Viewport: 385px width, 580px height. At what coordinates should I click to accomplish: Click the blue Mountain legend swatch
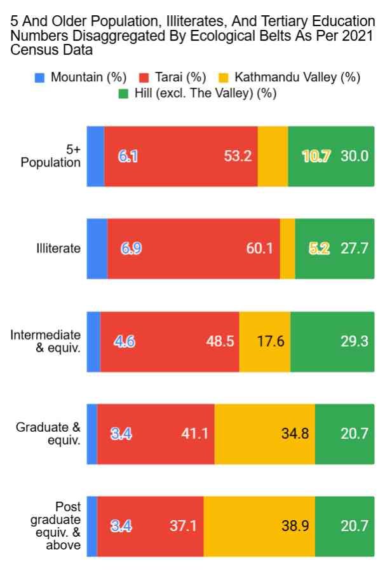pyautogui.click(x=40, y=78)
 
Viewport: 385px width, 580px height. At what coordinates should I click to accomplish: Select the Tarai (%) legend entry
pyautogui.click(x=180, y=78)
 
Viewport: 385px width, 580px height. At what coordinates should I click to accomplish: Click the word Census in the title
pyautogui.click(x=31, y=50)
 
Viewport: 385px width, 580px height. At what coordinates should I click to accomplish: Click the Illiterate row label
pyautogui.click(x=58, y=248)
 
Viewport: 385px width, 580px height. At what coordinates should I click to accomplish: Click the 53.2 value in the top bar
pyautogui.click(x=238, y=156)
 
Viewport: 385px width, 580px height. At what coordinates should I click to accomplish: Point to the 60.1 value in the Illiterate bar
pyautogui.click(x=260, y=249)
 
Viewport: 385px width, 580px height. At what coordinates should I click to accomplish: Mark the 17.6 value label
pyautogui.click(x=271, y=342)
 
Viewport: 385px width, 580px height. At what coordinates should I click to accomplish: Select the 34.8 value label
pyautogui.click(x=295, y=434)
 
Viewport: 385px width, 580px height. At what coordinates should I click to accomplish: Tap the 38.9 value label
pyautogui.click(x=295, y=527)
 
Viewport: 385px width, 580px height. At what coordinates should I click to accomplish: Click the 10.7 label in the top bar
pyautogui.click(x=316, y=156)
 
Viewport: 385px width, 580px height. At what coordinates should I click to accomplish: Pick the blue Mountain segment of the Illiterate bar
pyautogui.click(x=97, y=249)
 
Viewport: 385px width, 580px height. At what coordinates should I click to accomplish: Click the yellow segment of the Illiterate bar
pyautogui.click(x=287, y=249)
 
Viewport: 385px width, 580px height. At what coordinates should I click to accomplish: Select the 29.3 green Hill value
pyautogui.click(x=355, y=342)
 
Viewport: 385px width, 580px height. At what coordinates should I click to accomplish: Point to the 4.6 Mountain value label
pyautogui.click(x=124, y=342)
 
